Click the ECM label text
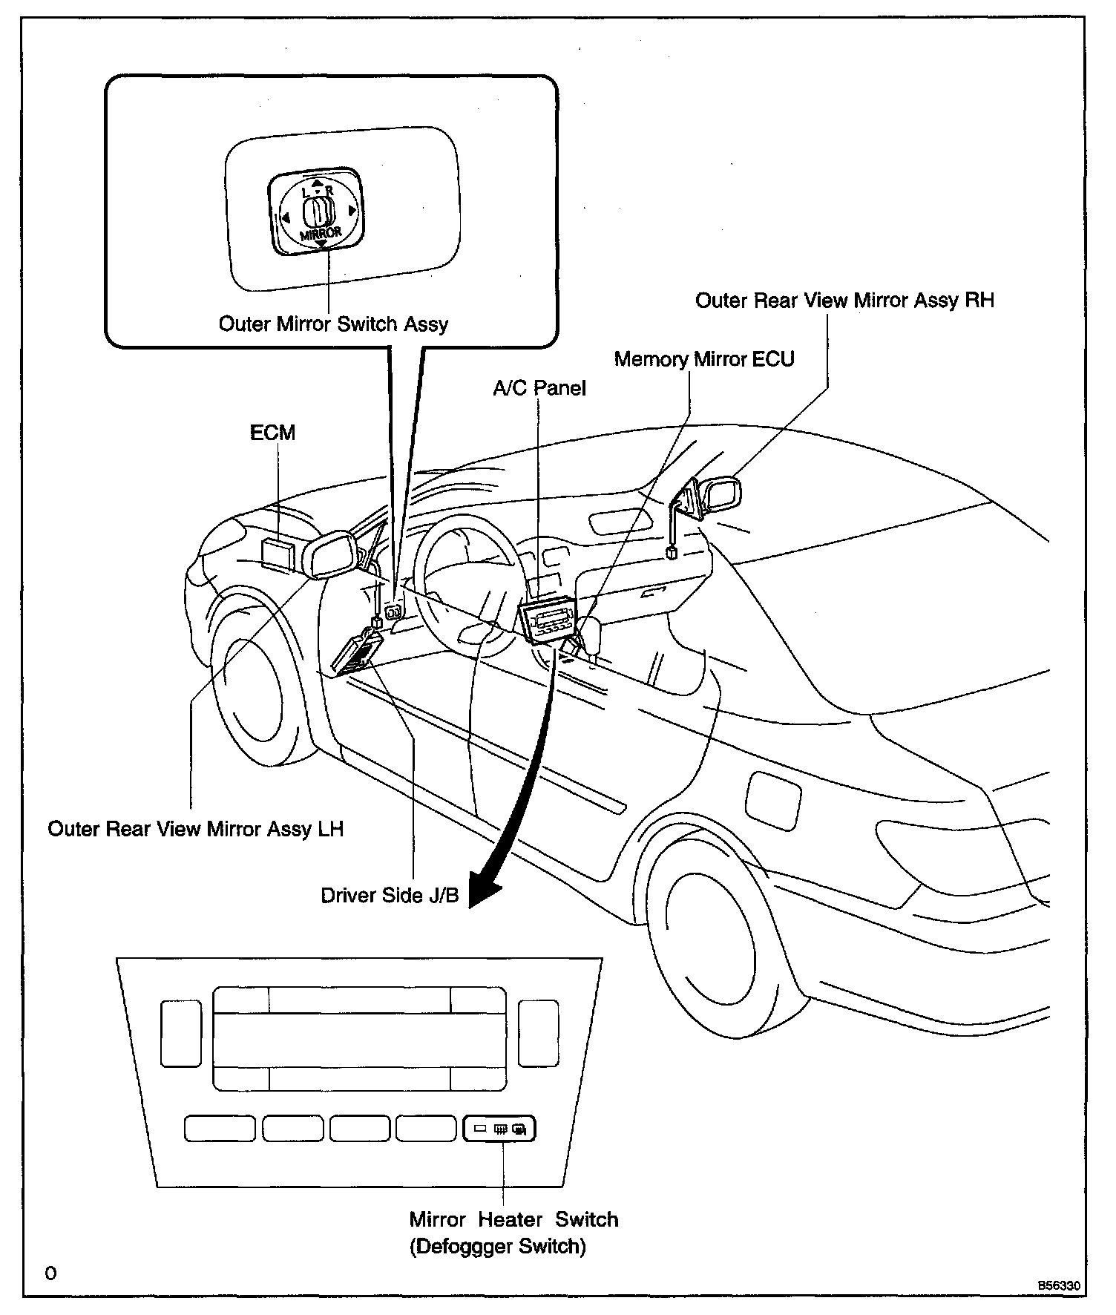[272, 433]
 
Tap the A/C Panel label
[539, 388]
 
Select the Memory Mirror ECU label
[704, 359]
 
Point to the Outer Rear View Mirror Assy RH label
[844, 301]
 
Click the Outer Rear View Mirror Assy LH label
[196, 829]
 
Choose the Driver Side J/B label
[390, 896]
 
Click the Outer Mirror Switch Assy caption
[333, 324]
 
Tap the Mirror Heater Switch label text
[513, 1219]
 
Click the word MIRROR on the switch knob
[321, 234]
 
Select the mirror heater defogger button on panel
[499, 1129]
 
